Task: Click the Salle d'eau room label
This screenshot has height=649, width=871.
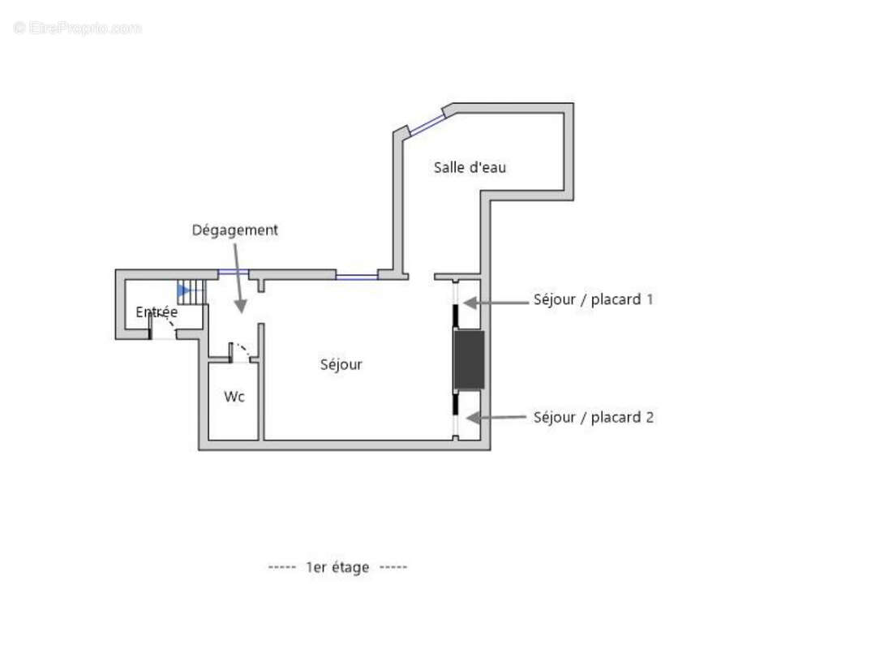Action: point(470,167)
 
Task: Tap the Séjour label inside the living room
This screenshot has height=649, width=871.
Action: point(341,364)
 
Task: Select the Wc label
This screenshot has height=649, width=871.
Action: point(234,397)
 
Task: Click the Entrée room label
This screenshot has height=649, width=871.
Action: point(157,312)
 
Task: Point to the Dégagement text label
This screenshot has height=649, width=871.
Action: point(234,230)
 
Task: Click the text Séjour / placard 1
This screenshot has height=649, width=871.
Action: point(593,299)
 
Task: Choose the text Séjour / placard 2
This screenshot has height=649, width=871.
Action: point(593,417)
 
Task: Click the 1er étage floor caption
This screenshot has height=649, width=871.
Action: point(337,567)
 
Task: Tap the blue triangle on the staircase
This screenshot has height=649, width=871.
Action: point(183,290)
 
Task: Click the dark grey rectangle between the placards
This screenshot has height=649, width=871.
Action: point(469,359)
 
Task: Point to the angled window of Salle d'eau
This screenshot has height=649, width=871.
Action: point(427,122)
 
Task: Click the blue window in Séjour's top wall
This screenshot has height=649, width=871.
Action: point(357,277)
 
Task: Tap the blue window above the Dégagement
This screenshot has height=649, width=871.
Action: point(234,273)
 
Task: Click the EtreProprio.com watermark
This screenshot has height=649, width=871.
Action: point(78,28)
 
